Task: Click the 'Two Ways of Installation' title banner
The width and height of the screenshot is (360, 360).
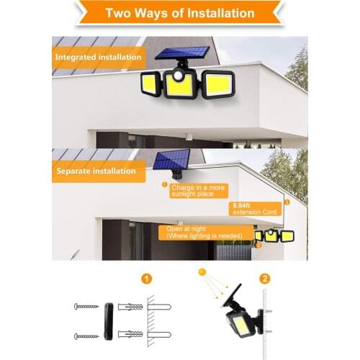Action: click(179, 13)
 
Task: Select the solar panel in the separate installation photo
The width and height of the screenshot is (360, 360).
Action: click(171, 160)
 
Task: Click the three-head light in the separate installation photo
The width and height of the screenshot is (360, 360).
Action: click(274, 235)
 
